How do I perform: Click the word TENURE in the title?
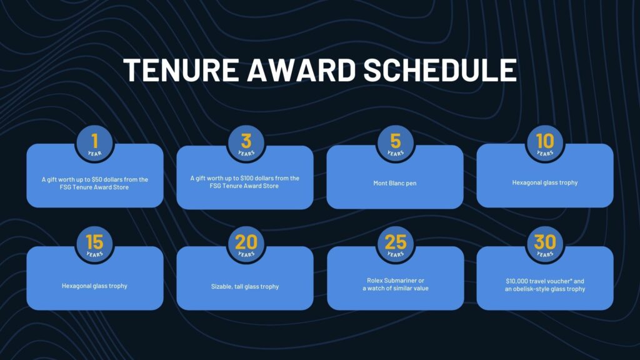[x=182, y=70]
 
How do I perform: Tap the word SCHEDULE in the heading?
[x=440, y=70]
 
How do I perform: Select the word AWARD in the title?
[x=302, y=70]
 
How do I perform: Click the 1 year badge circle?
[x=95, y=144]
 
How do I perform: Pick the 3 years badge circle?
[x=246, y=144]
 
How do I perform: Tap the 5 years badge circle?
[x=396, y=144]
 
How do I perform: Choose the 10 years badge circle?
[x=545, y=144]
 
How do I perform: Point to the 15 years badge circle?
[x=95, y=245]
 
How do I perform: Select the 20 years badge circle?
[x=246, y=245]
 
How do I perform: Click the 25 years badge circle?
[x=396, y=245]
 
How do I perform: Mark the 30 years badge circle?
[x=545, y=245]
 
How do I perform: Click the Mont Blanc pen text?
[x=395, y=183]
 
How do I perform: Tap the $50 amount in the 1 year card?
[x=96, y=179]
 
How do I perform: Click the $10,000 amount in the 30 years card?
[x=516, y=281]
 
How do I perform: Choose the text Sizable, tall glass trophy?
[x=245, y=286]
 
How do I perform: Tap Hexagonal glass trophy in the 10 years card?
[x=545, y=183]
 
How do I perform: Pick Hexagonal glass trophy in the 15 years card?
[x=95, y=286]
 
